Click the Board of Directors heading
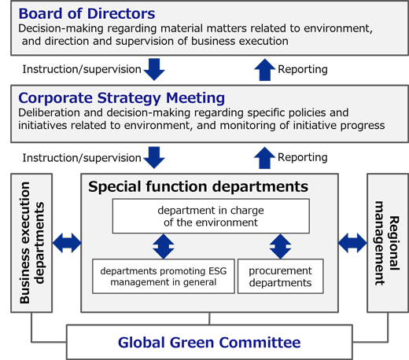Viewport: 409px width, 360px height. [x=87, y=13]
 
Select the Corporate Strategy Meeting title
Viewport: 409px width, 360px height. [x=121, y=98]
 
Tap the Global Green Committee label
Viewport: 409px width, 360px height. [x=209, y=343]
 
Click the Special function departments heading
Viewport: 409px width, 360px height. [x=198, y=186]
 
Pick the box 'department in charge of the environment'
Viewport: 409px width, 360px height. [x=211, y=216]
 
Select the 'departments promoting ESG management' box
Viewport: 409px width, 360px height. [x=164, y=276]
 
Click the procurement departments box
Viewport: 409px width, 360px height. [x=280, y=276]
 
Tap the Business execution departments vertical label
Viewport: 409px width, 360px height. [x=31, y=243]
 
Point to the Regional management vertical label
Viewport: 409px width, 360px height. [x=387, y=243]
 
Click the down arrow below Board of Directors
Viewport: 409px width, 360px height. [x=154, y=69]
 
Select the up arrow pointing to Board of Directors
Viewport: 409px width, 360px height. [x=265, y=69]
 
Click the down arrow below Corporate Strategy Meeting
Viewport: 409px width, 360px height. [x=154, y=158]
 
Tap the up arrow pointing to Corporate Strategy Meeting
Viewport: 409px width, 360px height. [x=265, y=158]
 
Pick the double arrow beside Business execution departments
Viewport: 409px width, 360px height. [x=67, y=243]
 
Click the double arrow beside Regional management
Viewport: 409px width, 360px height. [x=352, y=243]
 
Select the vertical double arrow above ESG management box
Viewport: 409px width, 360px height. [x=164, y=246]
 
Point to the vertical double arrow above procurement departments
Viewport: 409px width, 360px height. [x=280, y=246]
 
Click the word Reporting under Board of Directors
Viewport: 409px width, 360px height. [x=303, y=69]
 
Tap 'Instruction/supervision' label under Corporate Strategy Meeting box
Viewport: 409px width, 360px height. [x=82, y=158]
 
